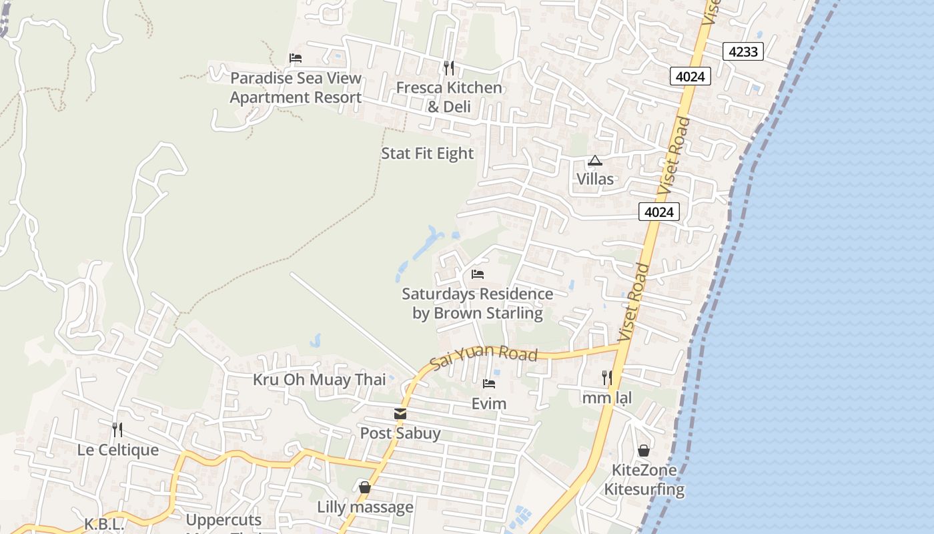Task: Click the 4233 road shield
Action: (743, 51)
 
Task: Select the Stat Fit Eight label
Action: (427, 154)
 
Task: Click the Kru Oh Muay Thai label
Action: (319, 380)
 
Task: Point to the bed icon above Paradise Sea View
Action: (296, 58)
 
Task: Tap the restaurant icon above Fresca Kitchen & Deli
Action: (449, 67)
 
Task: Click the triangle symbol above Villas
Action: (594, 160)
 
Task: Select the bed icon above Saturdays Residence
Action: (478, 274)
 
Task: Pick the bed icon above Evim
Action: (489, 384)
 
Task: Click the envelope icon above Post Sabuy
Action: (400, 414)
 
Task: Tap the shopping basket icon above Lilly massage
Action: (365, 487)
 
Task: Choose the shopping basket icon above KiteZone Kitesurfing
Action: (644, 451)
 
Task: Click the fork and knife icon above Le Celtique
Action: (117, 429)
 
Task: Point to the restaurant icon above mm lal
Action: (606, 378)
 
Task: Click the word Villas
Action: (594, 179)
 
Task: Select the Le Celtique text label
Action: (118, 450)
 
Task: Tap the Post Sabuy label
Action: (400, 433)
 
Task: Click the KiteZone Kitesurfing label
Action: (644, 479)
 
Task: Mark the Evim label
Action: (489, 403)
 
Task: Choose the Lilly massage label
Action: (365, 507)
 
